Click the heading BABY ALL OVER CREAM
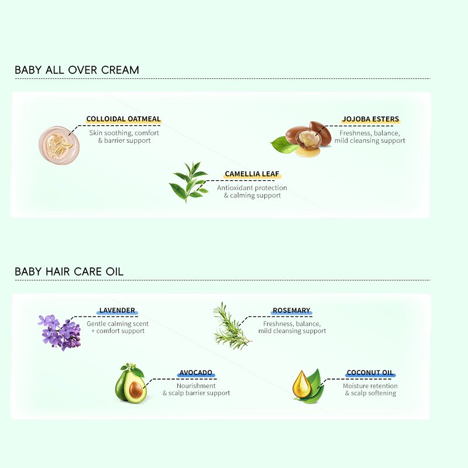pyautogui.click(x=77, y=70)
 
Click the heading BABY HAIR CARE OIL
pyautogui.click(x=69, y=271)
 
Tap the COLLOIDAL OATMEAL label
pyautogui.click(x=123, y=119)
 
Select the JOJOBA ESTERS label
pyautogui.click(x=370, y=119)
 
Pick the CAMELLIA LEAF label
pyautogui.click(x=252, y=174)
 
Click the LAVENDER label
pyautogui.click(x=117, y=310)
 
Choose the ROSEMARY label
pyautogui.click(x=291, y=311)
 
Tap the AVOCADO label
pyautogui.click(x=195, y=373)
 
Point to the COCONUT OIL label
pyautogui.click(x=370, y=373)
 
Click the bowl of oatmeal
pyautogui.click(x=57, y=145)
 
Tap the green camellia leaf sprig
pyautogui.click(x=190, y=182)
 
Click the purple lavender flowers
pyautogui.click(x=60, y=332)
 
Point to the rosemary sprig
pyautogui.click(x=232, y=326)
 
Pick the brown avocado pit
pyautogui.click(x=136, y=389)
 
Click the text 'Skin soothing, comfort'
pyautogui.click(x=124, y=133)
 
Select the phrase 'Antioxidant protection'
pyautogui.click(x=252, y=188)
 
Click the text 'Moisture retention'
pyautogui.click(x=370, y=386)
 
